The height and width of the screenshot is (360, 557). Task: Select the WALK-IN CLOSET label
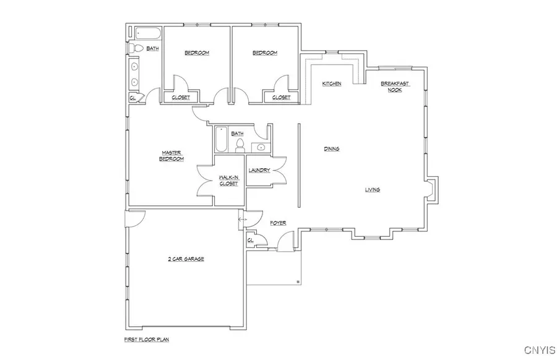[x=228, y=181]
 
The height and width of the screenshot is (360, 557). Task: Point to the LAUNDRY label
[x=259, y=170]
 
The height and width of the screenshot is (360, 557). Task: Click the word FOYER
[x=277, y=221]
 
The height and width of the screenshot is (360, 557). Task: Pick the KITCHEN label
[x=332, y=84]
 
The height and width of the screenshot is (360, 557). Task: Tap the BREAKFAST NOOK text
[x=395, y=87]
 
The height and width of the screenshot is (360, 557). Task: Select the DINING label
[x=332, y=149]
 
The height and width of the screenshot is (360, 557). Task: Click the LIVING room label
[x=372, y=189]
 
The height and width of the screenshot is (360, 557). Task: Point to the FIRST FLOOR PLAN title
[x=147, y=340]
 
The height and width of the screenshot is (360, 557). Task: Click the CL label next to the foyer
[x=251, y=240]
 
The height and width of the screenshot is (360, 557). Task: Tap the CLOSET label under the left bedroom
[x=181, y=97]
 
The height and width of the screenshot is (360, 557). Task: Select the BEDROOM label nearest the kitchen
[x=265, y=53]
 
